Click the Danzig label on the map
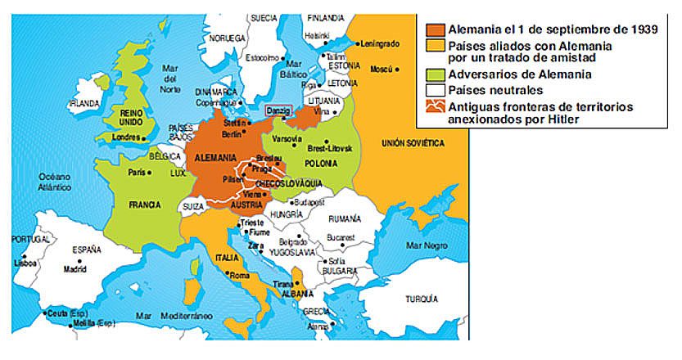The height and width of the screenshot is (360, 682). (278, 109)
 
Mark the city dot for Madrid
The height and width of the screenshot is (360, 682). (75, 259)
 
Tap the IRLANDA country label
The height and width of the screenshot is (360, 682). (84, 104)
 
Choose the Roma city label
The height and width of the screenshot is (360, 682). (240, 276)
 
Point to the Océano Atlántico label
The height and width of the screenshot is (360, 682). (58, 182)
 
